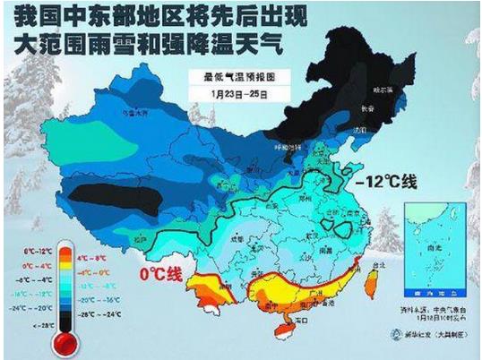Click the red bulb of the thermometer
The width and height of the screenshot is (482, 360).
click(64, 342)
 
